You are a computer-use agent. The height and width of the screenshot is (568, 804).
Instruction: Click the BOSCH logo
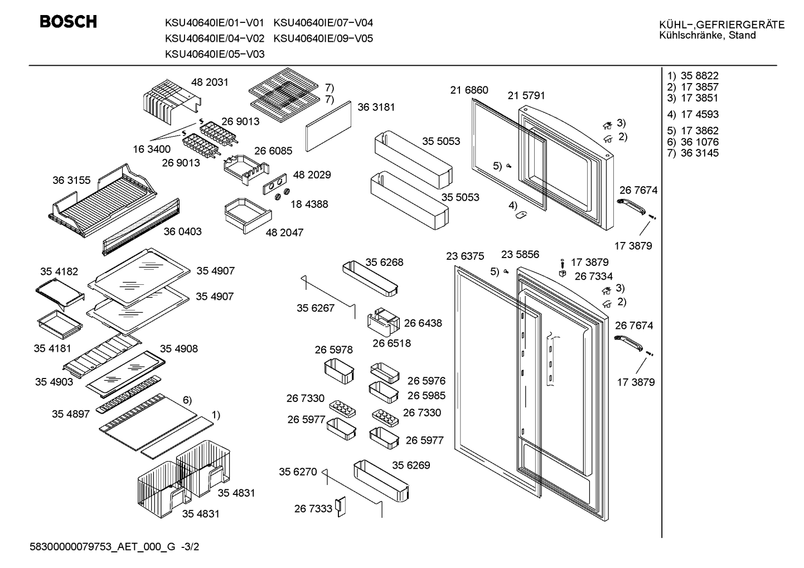pyautogui.click(x=68, y=22)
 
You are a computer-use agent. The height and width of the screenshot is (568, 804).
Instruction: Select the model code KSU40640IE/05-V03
pyautogui.click(x=215, y=54)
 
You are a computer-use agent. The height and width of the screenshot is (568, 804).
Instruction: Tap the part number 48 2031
pyautogui.click(x=210, y=82)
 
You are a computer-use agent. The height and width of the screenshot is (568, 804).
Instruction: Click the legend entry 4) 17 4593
pyautogui.click(x=692, y=114)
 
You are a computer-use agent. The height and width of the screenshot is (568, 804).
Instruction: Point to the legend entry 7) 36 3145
pyautogui.click(x=692, y=153)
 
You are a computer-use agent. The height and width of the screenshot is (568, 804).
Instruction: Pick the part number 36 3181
pyautogui.click(x=376, y=107)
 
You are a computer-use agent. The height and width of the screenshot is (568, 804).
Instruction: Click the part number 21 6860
pyautogui.click(x=469, y=90)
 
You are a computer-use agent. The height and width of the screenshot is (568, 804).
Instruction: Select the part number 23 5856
pyautogui.click(x=520, y=254)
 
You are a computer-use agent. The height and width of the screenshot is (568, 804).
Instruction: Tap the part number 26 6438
pyautogui.click(x=423, y=323)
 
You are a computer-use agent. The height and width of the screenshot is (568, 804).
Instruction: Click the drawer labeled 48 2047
pyautogui.click(x=248, y=215)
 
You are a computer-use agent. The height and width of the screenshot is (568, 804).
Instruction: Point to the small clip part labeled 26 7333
pyautogui.click(x=340, y=507)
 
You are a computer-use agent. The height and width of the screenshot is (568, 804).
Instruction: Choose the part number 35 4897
pyautogui.click(x=71, y=414)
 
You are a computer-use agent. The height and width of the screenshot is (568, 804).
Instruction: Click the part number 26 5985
pyautogui.click(x=427, y=395)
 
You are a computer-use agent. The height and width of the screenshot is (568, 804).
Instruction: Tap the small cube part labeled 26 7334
pyautogui.click(x=563, y=274)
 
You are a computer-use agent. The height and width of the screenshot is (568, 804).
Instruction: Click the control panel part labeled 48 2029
pyautogui.click(x=275, y=184)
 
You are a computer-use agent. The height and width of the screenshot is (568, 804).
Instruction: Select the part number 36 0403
pyautogui.click(x=183, y=231)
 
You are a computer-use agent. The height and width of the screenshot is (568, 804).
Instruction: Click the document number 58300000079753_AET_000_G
pyautogui.click(x=102, y=547)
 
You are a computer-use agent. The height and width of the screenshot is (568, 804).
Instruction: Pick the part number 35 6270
pyautogui.click(x=298, y=472)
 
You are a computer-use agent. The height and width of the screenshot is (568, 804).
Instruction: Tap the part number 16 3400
pyautogui.click(x=152, y=149)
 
